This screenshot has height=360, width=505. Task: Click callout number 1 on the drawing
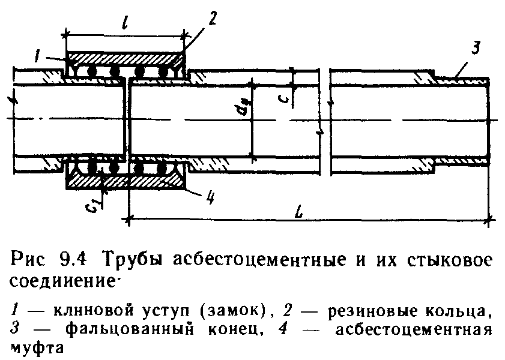click(x=38, y=56)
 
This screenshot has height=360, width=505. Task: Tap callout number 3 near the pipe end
click(x=476, y=47)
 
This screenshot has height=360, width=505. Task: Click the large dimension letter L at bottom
click(x=300, y=212)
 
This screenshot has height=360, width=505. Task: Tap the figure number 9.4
click(x=72, y=260)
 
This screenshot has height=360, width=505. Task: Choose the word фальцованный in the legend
click(x=130, y=330)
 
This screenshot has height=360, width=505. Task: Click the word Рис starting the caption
click(x=29, y=260)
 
